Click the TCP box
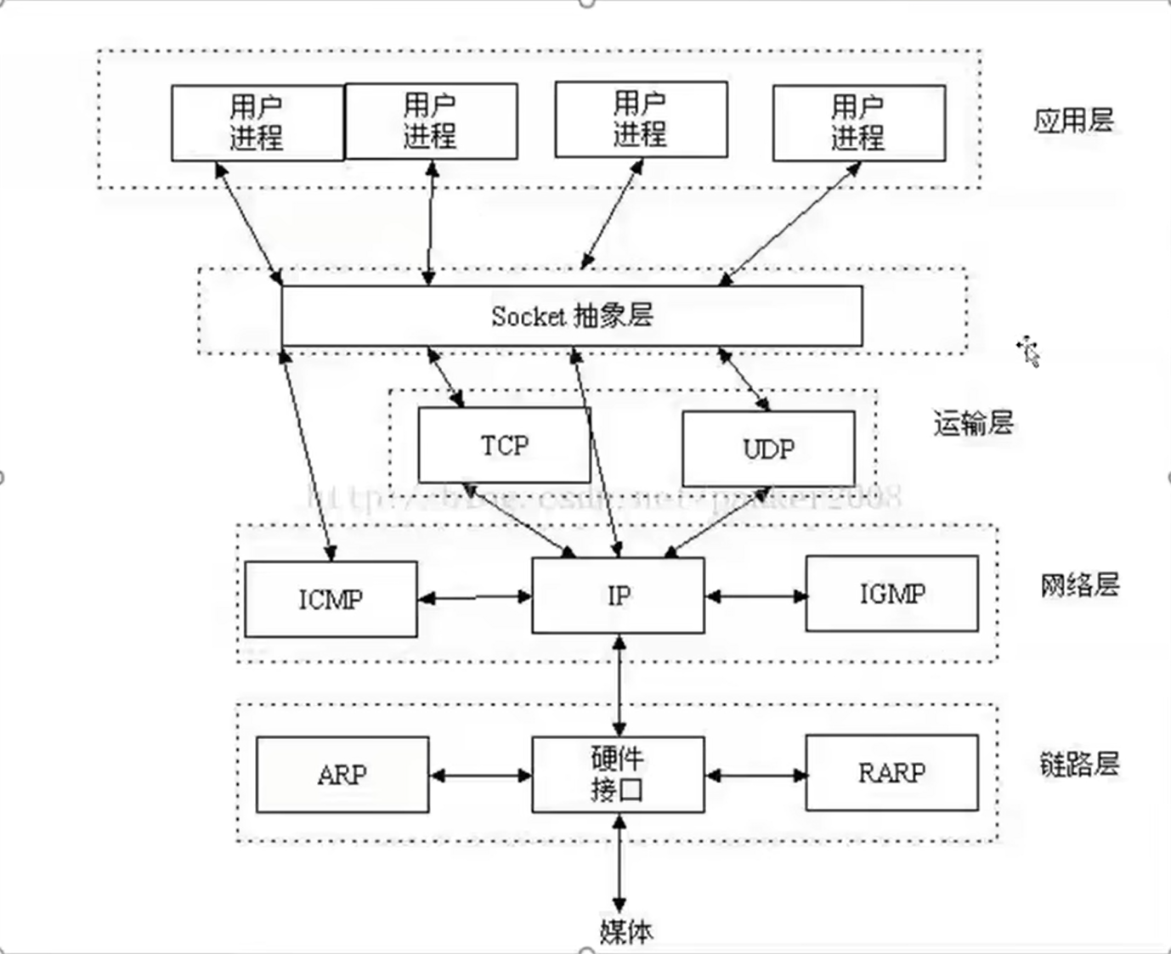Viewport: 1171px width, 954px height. click(x=504, y=445)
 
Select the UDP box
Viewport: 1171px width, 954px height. click(x=768, y=449)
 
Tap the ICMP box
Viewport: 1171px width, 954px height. click(x=331, y=599)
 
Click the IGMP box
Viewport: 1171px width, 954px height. click(x=891, y=593)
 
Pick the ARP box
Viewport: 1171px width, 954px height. click(x=342, y=775)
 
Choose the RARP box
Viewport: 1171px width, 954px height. click(x=891, y=772)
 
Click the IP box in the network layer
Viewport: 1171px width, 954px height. click(x=618, y=596)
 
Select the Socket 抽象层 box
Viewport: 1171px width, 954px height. click(x=572, y=316)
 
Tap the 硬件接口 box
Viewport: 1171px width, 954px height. click(x=618, y=774)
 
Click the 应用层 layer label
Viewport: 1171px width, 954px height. click(x=1073, y=120)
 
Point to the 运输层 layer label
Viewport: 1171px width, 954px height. click(x=973, y=422)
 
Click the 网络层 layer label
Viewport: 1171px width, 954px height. click(x=1079, y=584)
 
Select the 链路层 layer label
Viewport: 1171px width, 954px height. click(x=1079, y=764)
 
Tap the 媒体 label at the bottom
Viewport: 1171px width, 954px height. click(x=626, y=932)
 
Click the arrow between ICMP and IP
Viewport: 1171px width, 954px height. click(x=474, y=598)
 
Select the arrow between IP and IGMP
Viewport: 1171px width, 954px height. click(x=755, y=596)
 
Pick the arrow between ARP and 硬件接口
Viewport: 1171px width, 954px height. click(x=480, y=775)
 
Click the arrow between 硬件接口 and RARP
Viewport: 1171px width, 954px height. click(x=755, y=775)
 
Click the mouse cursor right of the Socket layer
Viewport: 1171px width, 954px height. click(x=1028, y=350)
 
